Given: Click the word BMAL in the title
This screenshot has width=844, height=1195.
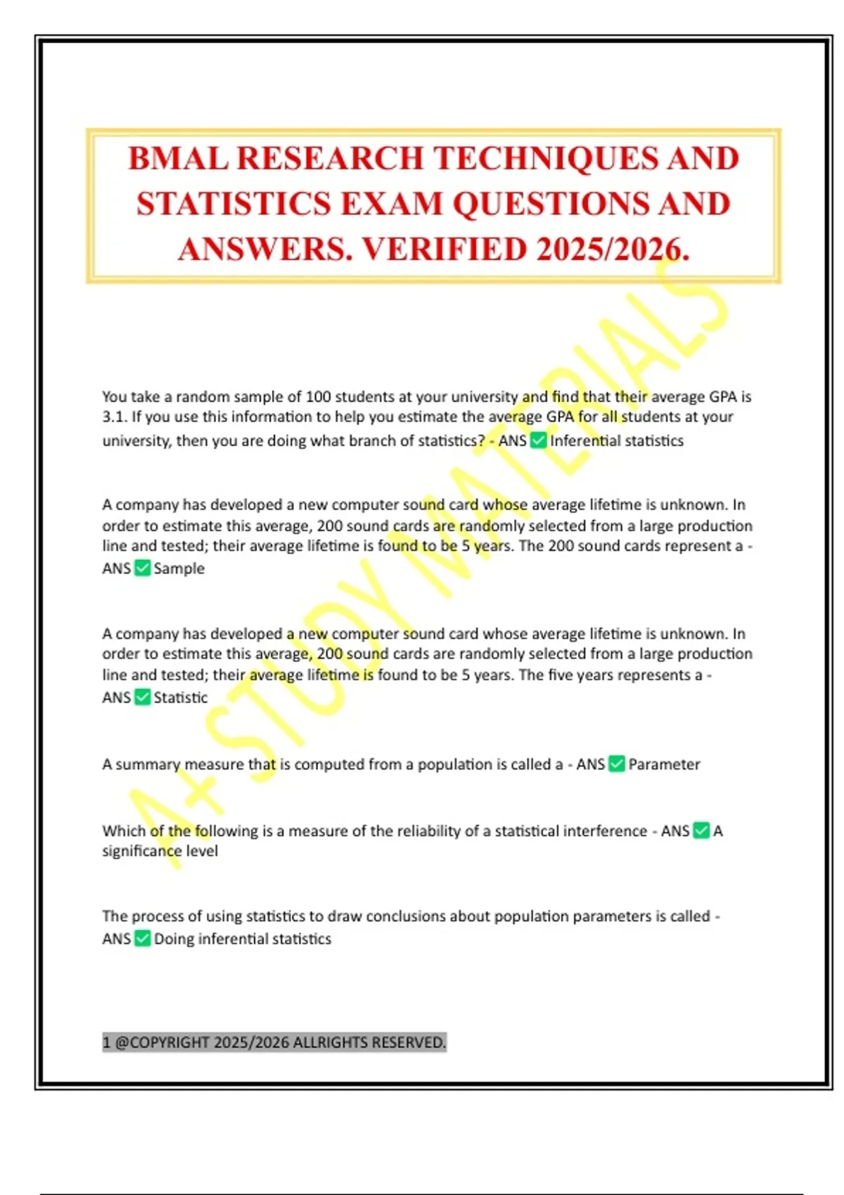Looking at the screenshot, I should tap(178, 159).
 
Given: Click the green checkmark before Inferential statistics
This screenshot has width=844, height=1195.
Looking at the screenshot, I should tap(538, 441).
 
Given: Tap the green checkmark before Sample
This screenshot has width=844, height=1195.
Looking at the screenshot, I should tap(142, 568).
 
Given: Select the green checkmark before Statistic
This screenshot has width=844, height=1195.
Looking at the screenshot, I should tap(142, 697).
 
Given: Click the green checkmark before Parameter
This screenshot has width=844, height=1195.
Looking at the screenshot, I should tap(616, 764).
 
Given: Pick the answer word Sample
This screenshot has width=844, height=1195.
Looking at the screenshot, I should tap(179, 569).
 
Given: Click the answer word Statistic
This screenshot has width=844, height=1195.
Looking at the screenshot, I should tap(181, 698).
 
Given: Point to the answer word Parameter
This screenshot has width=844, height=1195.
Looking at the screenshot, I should tap(664, 765).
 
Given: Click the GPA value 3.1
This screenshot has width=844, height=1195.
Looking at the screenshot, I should tap(113, 417).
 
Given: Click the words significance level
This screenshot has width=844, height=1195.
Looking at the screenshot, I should tap(160, 851).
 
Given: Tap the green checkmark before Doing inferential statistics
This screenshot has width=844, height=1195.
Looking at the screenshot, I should tap(142, 938).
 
